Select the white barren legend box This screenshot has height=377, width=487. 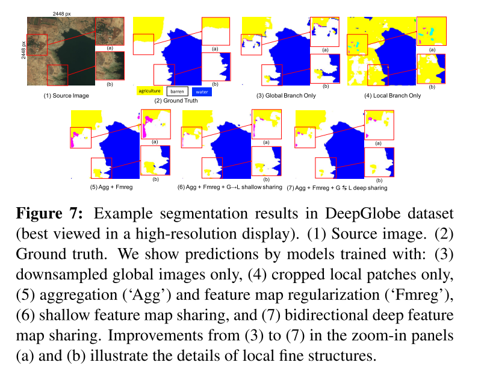point(177,91)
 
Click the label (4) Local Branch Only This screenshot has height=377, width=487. point(392,96)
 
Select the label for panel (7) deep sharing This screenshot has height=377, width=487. point(337,187)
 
